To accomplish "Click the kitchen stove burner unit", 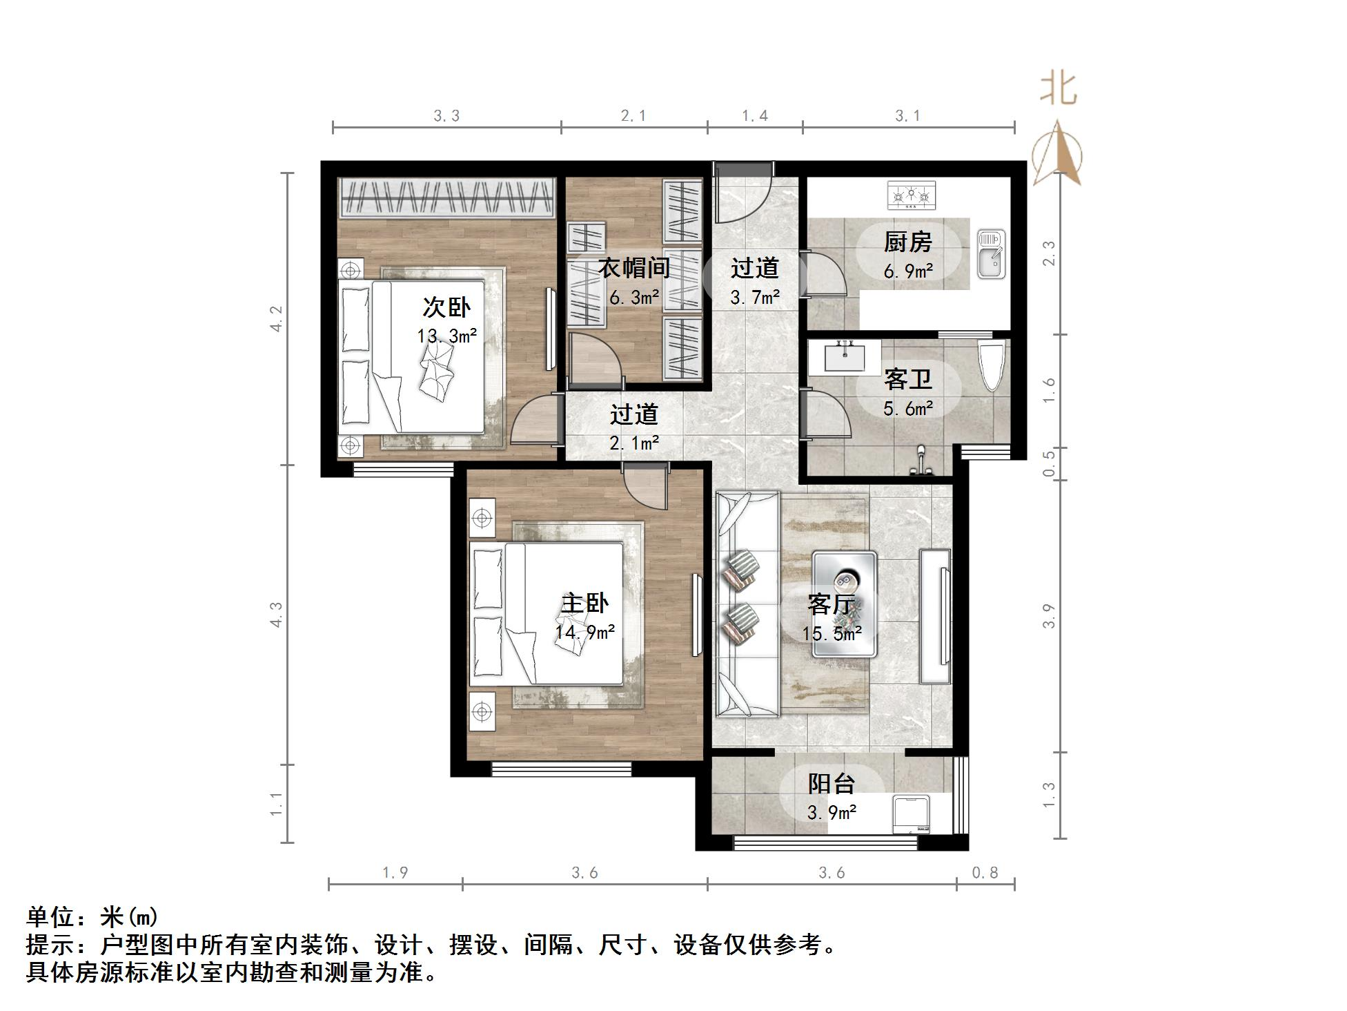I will pos(912,195).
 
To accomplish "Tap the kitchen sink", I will pos(991,255).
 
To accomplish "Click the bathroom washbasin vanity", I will pos(844,357).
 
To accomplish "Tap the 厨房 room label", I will pos(907,242).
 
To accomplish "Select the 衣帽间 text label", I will pos(633,268).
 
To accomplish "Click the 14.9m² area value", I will pos(585,631).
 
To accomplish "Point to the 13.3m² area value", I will pos(447,336).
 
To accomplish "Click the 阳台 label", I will pos(832,784).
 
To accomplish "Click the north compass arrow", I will pos(1058,154).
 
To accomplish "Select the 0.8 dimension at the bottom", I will pos(985,873).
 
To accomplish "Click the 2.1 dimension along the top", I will pos(633,116).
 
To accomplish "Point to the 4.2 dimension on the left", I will pos(277,319).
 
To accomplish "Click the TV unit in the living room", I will pos(936,616).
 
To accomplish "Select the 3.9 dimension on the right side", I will pos(1049,616).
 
